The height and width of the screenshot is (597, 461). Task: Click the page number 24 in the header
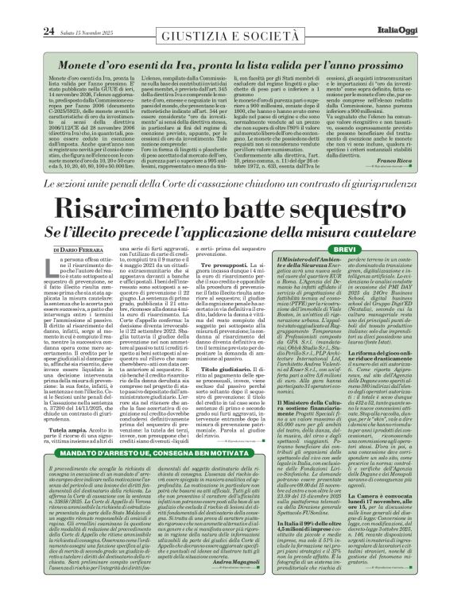click(25, 10)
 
